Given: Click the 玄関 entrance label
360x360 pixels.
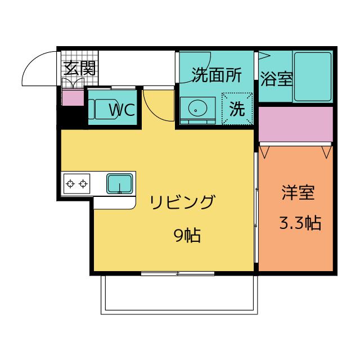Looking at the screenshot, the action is coord(79,68).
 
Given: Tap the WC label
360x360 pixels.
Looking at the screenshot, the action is coord(122,110).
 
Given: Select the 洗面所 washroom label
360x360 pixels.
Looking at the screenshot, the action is coord(217,75).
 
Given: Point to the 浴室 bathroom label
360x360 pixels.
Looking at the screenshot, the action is coord(277,79).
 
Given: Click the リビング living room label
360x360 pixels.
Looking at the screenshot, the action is coord(183,202).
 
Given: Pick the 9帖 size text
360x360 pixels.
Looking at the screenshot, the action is coord(187,235).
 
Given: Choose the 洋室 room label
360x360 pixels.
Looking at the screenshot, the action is coord(298,192).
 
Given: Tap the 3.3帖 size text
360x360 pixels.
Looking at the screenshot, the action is coord(300,223).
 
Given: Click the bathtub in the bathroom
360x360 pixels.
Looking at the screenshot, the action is coord(313,76).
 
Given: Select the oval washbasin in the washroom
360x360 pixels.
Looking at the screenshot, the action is coord(197,108).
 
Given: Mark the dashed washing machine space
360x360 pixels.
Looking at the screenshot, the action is coord(237,109).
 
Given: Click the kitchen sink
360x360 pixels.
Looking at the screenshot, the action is coord(119,184).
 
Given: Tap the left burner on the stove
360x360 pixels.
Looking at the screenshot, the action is coord(70,184).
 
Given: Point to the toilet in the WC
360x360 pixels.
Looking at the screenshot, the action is coord(103,109).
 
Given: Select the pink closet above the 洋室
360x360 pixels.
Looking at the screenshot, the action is coord(296,124).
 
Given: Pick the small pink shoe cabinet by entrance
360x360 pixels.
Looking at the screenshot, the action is coord(73,98).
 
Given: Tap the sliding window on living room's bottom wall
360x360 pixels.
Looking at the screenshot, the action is coord(178,273).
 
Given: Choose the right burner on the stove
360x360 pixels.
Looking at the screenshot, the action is coord(83,184).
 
